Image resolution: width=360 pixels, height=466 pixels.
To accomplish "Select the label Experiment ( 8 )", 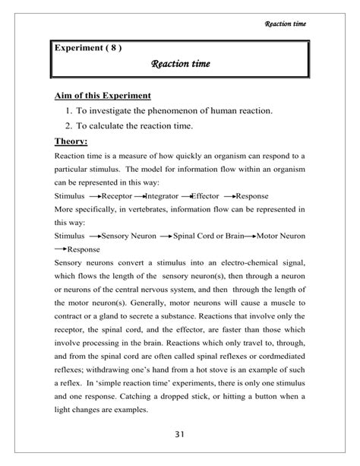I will tap(88, 49).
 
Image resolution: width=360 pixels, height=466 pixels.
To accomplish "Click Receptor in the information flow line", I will tap(117, 195).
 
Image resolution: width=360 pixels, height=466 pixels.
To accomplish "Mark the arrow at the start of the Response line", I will tap(60, 249).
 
